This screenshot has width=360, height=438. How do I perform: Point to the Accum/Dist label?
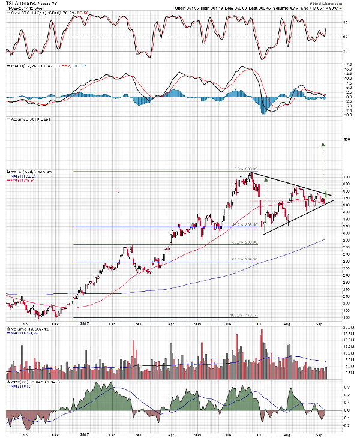22,119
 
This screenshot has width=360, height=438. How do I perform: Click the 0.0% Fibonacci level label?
240,169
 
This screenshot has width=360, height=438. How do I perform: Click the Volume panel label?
22,329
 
